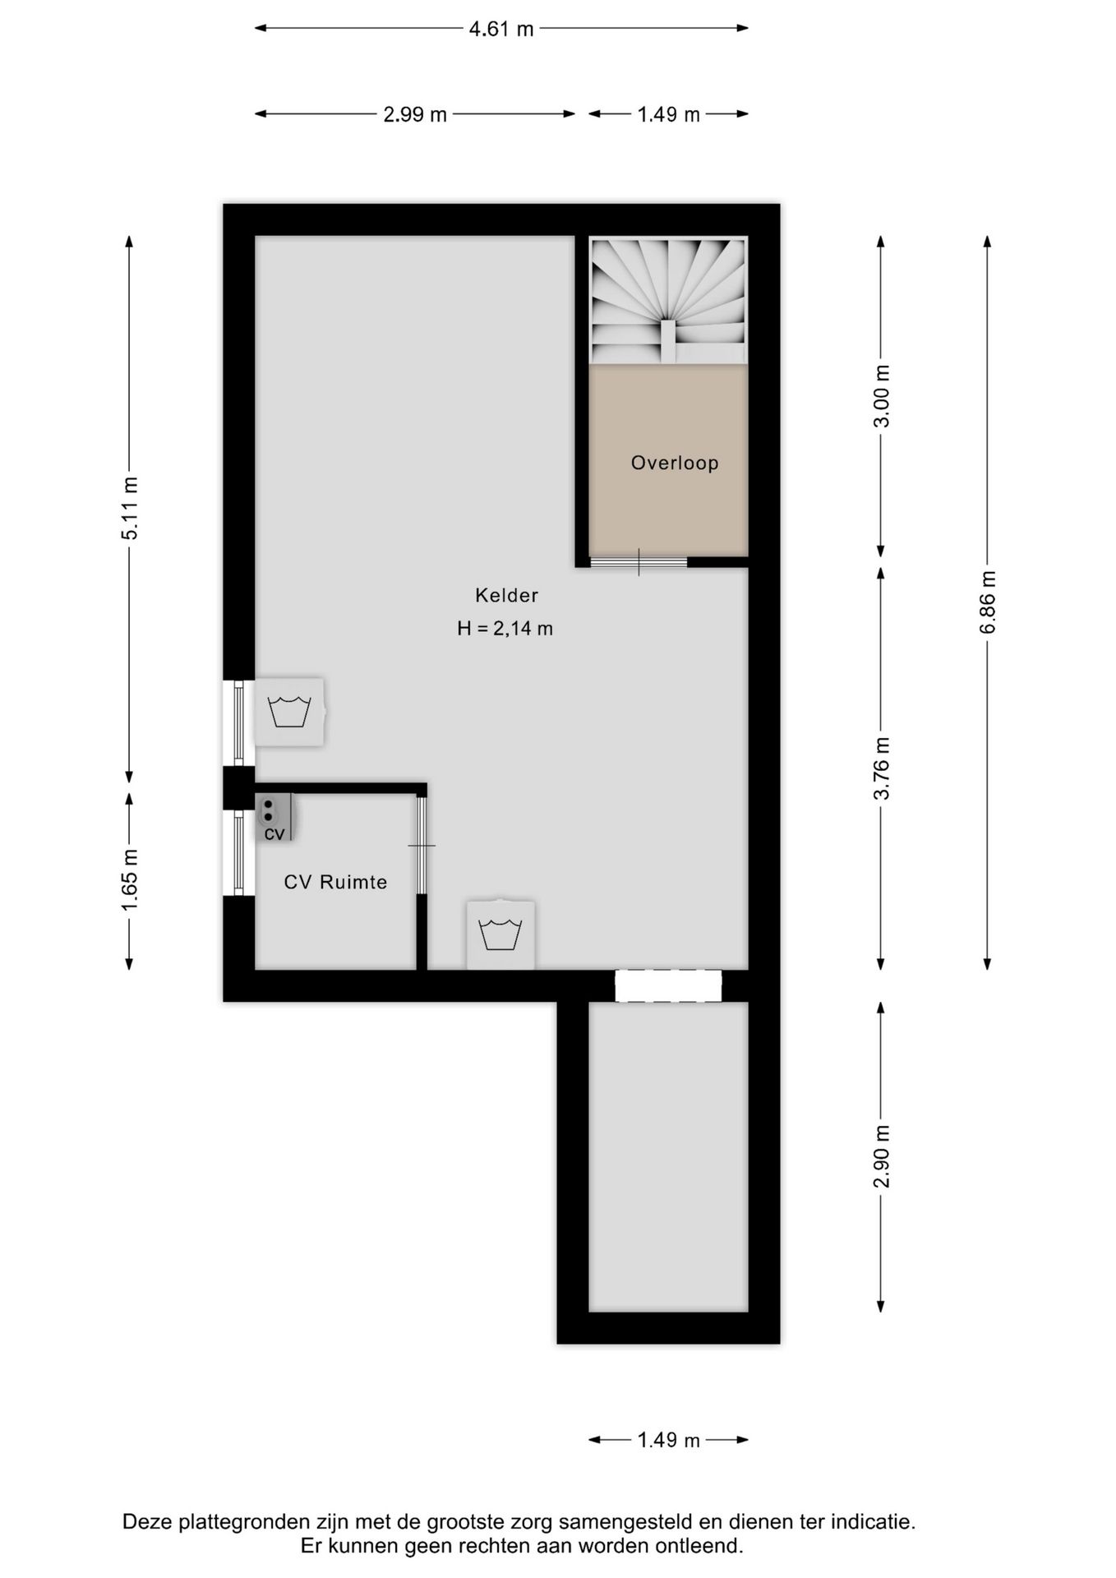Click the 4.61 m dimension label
(x=500, y=29)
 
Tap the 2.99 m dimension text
(x=415, y=114)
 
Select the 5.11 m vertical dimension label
(x=130, y=508)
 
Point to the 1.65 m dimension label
(x=130, y=879)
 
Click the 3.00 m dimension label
(x=882, y=396)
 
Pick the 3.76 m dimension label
(x=882, y=768)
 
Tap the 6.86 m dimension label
(x=988, y=602)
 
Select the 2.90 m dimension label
(x=882, y=1156)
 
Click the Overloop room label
(x=675, y=463)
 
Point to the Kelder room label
(x=506, y=595)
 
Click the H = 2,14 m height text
(x=505, y=629)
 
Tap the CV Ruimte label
(x=335, y=882)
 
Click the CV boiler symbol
(x=274, y=818)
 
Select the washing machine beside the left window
(x=289, y=712)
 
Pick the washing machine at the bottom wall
(x=500, y=934)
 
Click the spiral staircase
(x=668, y=300)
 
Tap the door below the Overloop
(x=639, y=562)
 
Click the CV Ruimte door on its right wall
(x=421, y=845)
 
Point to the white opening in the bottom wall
(x=668, y=986)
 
